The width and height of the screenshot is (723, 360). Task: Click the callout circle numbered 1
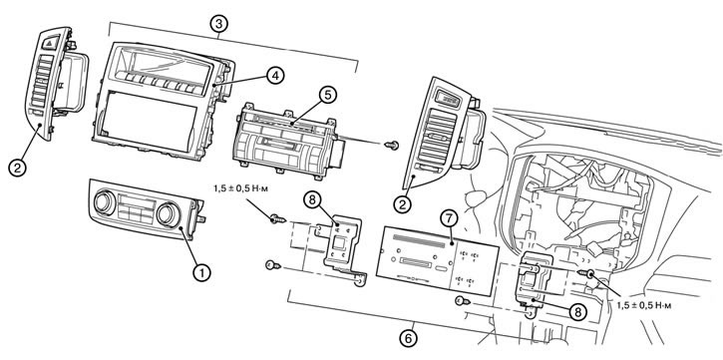(200, 272)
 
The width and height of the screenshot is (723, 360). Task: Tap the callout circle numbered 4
(275, 76)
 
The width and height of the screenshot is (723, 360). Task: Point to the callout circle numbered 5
(328, 95)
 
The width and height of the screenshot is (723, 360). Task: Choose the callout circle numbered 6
(408, 339)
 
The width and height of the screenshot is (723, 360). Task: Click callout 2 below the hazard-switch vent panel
(17, 168)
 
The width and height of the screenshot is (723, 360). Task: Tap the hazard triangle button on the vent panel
(49, 43)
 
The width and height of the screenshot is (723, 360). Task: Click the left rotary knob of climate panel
(105, 203)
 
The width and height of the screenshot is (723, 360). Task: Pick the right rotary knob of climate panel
(169, 214)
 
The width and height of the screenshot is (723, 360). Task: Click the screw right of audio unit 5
(392, 146)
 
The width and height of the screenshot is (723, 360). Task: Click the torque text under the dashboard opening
(642, 305)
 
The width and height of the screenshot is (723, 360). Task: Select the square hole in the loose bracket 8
(340, 242)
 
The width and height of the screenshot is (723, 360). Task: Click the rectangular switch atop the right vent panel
(450, 99)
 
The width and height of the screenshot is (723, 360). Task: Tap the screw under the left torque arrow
(278, 218)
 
